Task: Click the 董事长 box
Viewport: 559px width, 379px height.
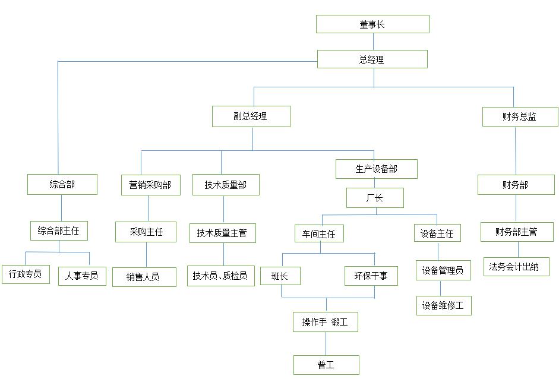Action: click(372, 24)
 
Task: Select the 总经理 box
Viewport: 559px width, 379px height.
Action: click(372, 59)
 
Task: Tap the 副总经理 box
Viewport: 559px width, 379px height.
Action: click(251, 116)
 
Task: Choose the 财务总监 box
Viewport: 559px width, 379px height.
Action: click(520, 116)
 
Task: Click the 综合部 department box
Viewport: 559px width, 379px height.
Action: click(62, 184)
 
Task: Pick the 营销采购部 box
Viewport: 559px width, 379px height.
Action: click(151, 185)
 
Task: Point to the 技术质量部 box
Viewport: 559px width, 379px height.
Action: click(226, 185)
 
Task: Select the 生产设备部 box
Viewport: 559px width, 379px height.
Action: click(377, 169)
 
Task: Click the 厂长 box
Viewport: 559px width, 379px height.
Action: click(375, 198)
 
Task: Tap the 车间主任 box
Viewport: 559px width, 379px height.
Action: click(319, 234)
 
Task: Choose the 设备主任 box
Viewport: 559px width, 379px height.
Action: click(437, 233)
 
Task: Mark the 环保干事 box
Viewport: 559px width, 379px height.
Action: click(371, 276)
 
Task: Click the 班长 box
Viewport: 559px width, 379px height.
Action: click(280, 276)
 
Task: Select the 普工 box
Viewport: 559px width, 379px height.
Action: click(326, 365)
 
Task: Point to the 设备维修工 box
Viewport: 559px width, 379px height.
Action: click(444, 305)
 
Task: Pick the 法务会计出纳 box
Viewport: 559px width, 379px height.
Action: click(516, 267)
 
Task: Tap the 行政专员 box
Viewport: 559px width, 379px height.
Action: click(26, 274)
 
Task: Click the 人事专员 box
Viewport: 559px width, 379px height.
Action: click(82, 276)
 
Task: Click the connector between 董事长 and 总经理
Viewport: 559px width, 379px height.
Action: click(373, 42)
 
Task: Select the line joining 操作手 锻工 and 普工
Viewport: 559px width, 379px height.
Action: click(326, 344)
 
